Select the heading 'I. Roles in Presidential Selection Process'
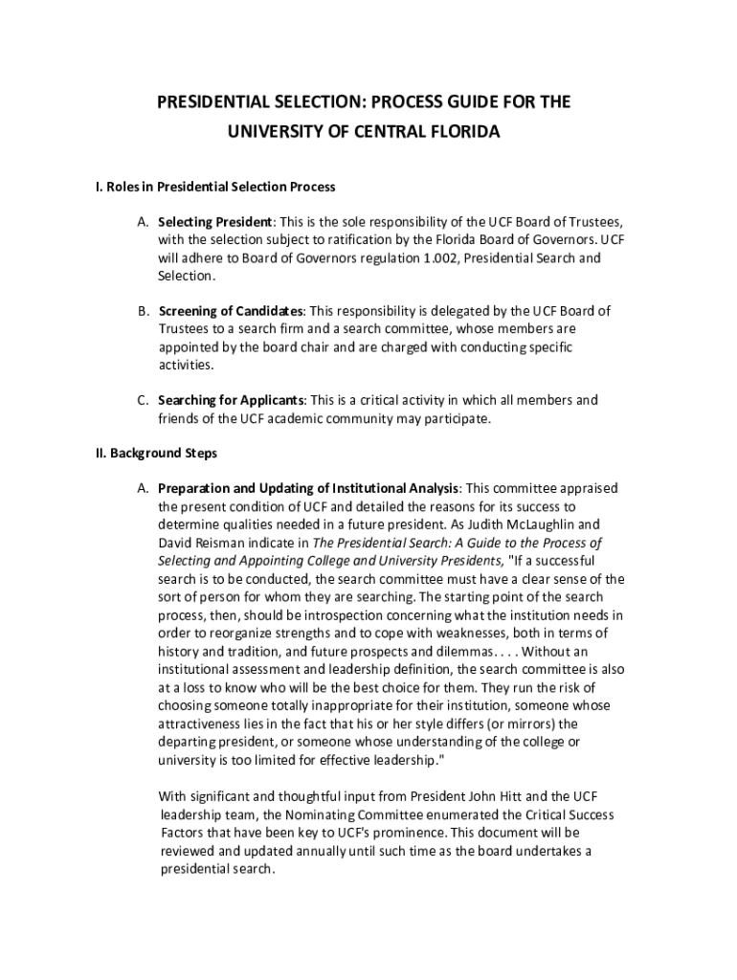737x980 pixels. point(209,186)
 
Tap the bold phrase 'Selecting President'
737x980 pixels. point(215,222)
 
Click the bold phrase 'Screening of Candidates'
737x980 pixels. point(231,311)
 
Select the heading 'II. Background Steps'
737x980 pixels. point(149,453)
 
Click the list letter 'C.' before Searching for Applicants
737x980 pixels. point(143,400)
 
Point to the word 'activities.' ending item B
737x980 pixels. point(186,365)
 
